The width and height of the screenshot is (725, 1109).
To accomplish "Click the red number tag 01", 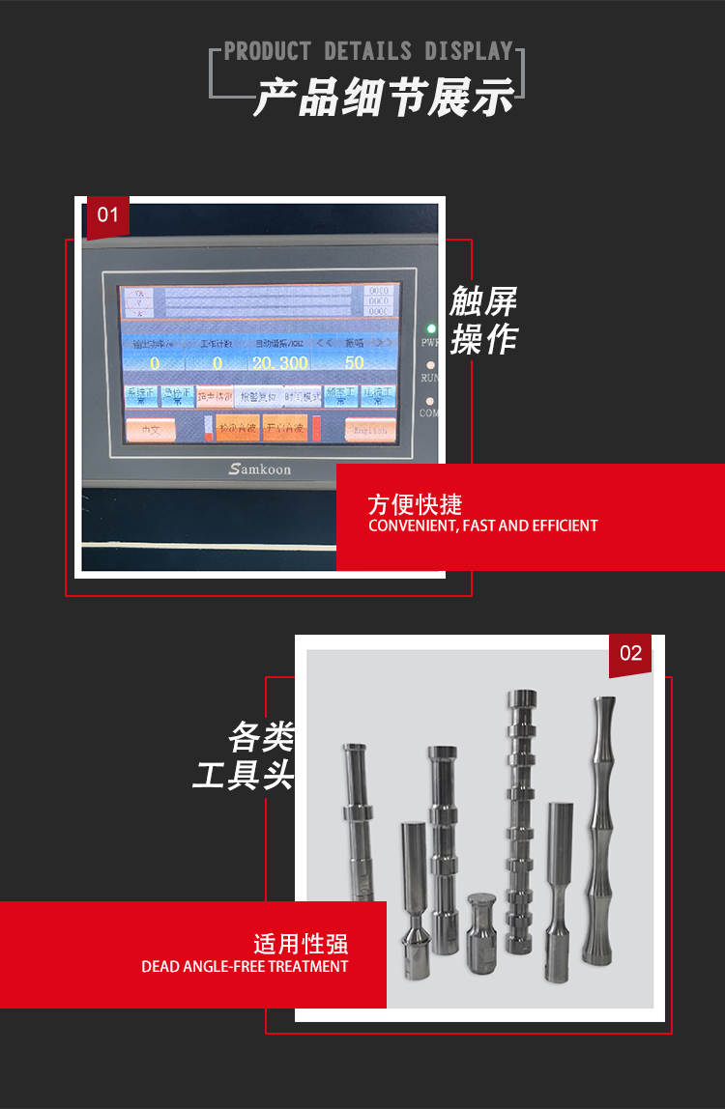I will pos(107,214).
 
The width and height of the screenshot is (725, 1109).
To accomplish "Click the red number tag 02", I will pos(630,654).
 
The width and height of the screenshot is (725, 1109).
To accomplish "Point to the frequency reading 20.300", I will pos(279,363).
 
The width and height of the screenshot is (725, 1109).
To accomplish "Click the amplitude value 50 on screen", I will pos(354,363).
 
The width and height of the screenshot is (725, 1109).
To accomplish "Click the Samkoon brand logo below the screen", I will pos(259,469).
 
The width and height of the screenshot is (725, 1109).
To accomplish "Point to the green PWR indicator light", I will pos(431,328).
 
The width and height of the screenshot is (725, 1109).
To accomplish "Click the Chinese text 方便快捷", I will pos(416,504).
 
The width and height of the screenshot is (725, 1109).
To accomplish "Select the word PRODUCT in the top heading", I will pos(268,51).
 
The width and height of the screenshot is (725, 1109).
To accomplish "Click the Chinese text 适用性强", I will pos(301,944).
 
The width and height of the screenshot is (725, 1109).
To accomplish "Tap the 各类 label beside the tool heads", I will pos(261,737).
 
